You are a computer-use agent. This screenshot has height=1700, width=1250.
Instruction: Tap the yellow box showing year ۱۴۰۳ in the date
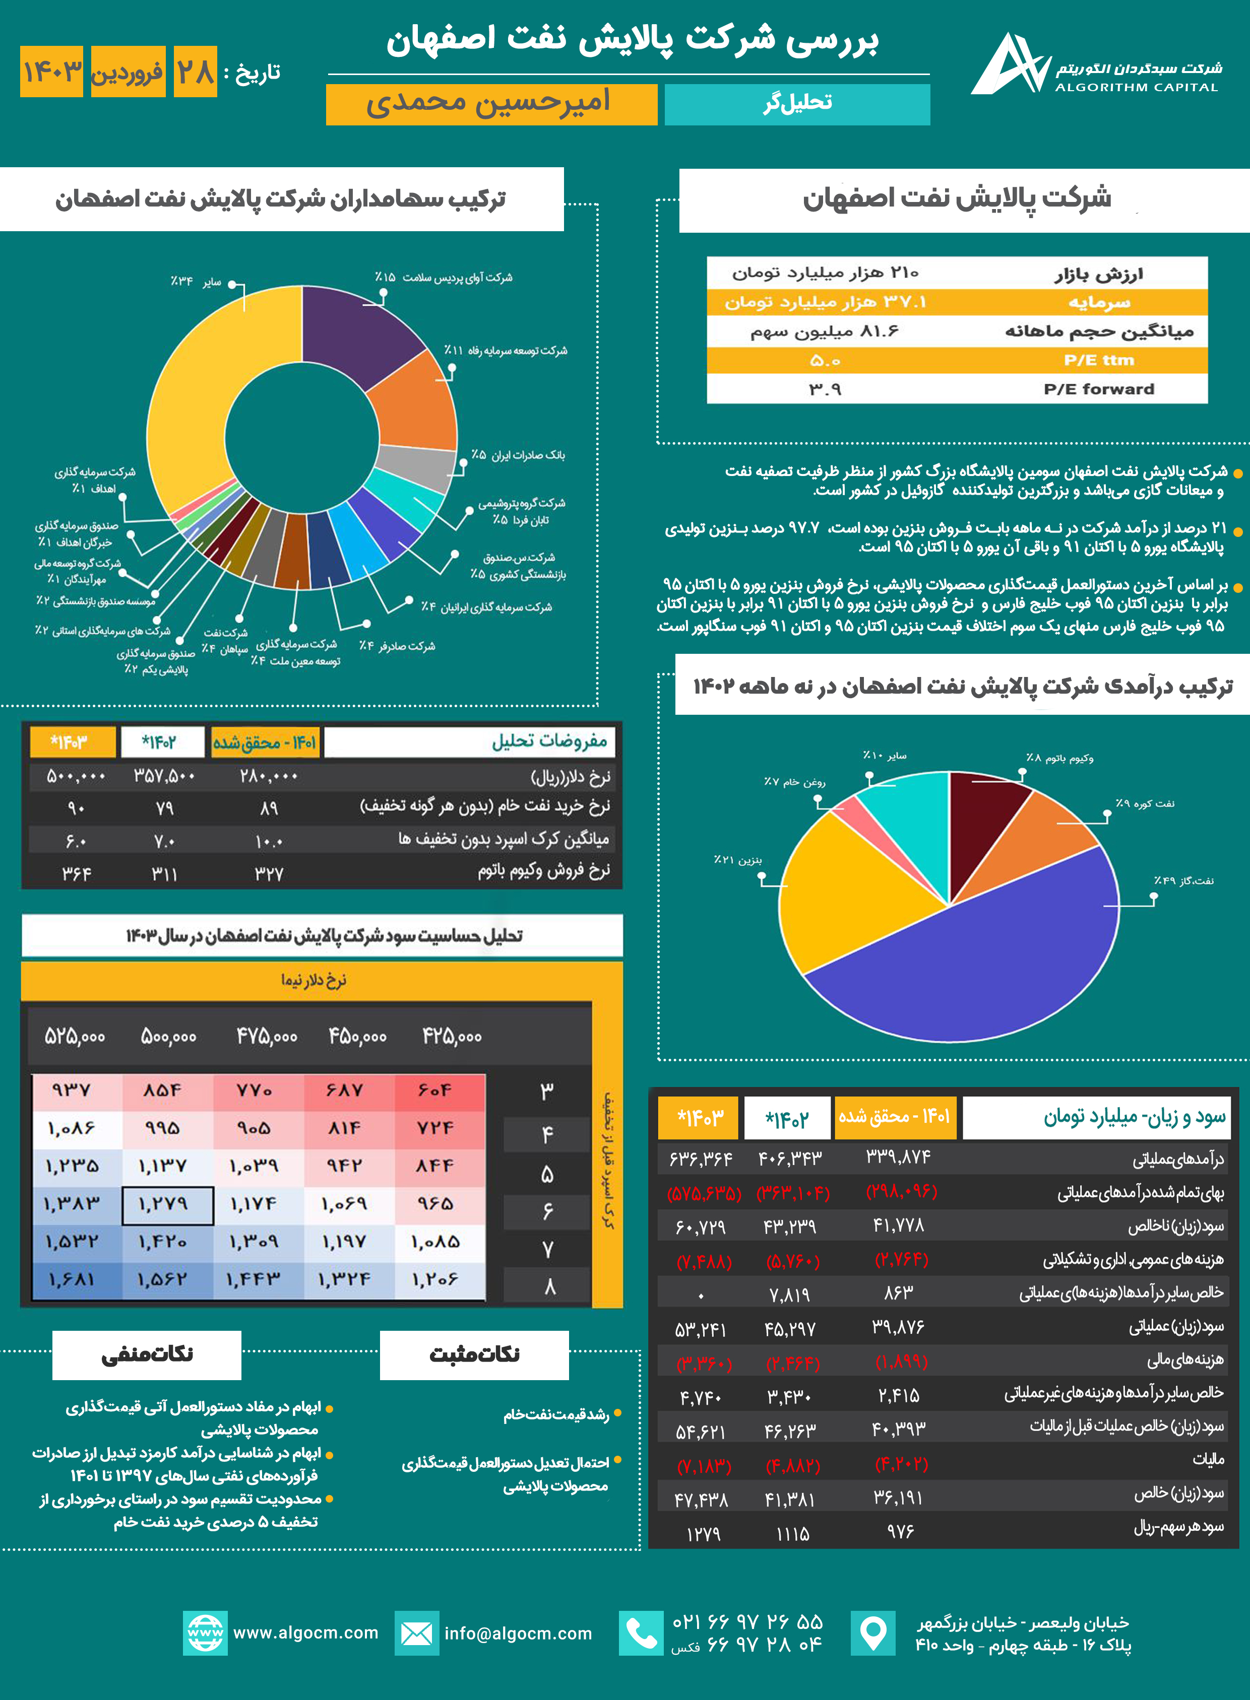51,72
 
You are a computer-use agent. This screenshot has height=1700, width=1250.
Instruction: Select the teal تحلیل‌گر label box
797,104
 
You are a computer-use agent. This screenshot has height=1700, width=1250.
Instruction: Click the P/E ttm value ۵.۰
825,361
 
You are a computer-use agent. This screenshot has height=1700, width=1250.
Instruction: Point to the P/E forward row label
1099,389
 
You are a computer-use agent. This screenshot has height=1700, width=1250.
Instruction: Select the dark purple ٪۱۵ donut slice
356,325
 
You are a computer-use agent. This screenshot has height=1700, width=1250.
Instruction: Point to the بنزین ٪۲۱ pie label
738,860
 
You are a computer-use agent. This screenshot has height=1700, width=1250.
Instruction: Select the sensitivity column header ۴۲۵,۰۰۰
452,1037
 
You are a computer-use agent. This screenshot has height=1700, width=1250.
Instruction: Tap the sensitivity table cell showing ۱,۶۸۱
74,1279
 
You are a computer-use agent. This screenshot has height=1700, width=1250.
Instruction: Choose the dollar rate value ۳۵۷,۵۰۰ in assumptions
164,776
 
